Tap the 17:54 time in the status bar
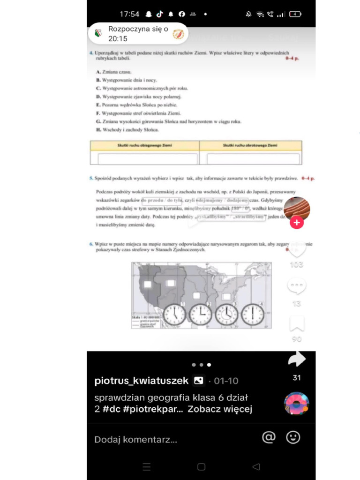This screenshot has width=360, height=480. point(129,14)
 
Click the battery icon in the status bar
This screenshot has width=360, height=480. point(295,14)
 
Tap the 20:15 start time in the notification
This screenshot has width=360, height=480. point(118,39)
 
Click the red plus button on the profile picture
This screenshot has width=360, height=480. point(296,223)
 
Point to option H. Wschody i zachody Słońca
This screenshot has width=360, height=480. point(127,130)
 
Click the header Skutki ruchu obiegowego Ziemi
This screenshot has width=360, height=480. point(144,146)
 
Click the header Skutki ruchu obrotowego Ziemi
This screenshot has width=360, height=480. point(250,146)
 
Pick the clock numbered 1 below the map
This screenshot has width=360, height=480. point(174,315)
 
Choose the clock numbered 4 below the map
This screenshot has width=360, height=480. point(253,315)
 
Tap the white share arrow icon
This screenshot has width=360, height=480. point(296,360)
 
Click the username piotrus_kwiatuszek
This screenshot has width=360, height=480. point(141,381)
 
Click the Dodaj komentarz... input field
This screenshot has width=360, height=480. point(136,440)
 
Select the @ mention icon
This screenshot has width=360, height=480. point(269,437)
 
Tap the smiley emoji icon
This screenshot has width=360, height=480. point(293,437)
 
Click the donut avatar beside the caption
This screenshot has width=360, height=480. point(297,404)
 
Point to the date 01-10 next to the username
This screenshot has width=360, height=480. point(226,381)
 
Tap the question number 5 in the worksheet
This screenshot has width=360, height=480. point(91,179)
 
